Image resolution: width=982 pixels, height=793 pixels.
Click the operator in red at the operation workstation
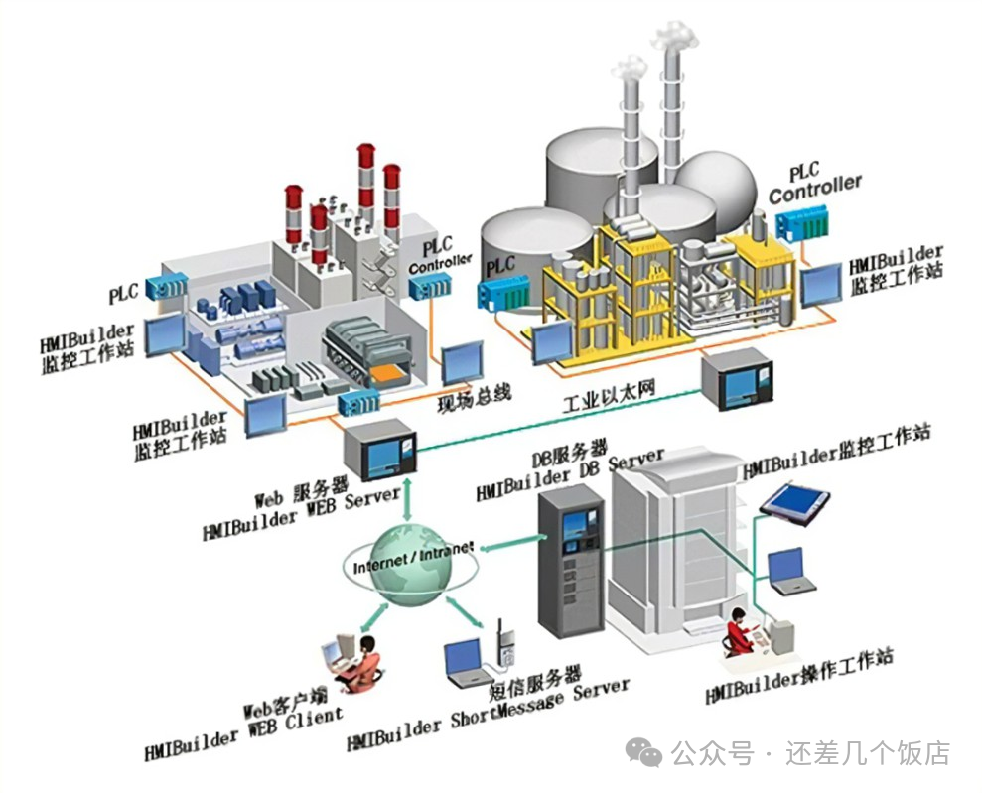point(739,631)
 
